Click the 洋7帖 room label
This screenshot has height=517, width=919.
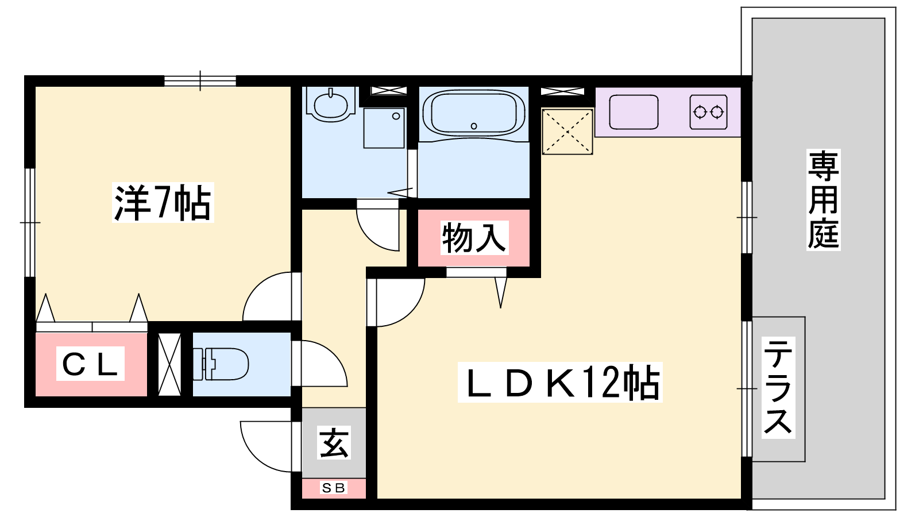tap(163, 203)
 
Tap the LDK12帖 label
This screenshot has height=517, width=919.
tap(560, 382)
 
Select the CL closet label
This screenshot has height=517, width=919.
tap(90, 364)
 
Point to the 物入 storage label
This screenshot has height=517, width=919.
tap(474, 238)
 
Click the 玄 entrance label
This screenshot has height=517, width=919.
tap(334, 442)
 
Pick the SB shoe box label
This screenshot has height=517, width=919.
tap(333, 488)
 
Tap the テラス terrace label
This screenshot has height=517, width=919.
tap(778, 387)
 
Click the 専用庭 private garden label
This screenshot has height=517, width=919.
tap(823, 200)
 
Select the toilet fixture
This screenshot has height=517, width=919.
tap(221, 364)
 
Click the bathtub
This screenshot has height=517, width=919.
tap(473, 113)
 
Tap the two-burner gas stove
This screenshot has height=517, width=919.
tap(709, 112)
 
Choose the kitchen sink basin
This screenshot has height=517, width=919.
tap(634, 112)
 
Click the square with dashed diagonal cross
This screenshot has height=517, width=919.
tap(567, 132)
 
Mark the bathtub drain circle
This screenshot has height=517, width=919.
tap(474, 126)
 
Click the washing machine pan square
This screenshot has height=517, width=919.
tap(384, 128)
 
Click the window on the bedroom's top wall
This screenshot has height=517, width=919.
tap(200, 81)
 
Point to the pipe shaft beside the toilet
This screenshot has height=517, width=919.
tap(169, 364)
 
